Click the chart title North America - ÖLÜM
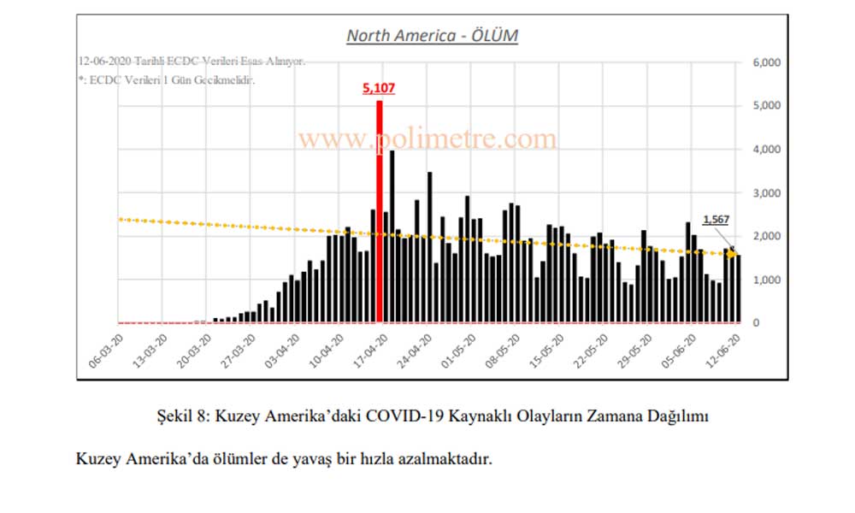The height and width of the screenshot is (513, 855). pyautogui.click(x=432, y=36)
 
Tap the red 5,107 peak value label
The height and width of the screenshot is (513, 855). pyautogui.click(x=379, y=88)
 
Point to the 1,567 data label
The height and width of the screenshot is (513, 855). pyautogui.click(x=716, y=220)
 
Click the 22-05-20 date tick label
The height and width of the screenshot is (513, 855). pyautogui.click(x=588, y=351)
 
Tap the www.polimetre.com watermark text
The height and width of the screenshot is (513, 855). pyautogui.click(x=427, y=138)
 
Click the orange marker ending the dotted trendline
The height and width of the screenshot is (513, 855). pyautogui.click(x=732, y=254)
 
